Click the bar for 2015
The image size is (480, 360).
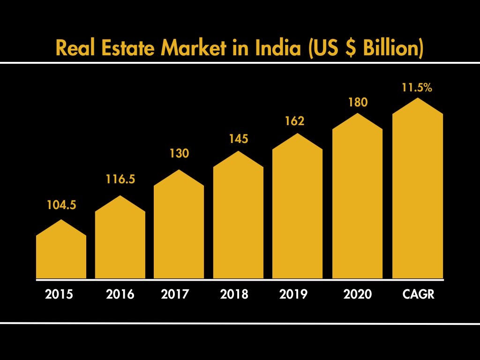(x=61, y=255)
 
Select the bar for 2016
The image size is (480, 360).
(x=120, y=244)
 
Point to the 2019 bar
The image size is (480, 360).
(x=297, y=213)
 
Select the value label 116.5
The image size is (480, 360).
(x=120, y=179)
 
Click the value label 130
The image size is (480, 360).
(x=179, y=153)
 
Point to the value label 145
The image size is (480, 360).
(x=238, y=139)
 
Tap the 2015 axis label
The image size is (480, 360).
(x=59, y=294)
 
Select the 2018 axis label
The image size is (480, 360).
(x=234, y=294)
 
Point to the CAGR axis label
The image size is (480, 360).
(x=419, y=294)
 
